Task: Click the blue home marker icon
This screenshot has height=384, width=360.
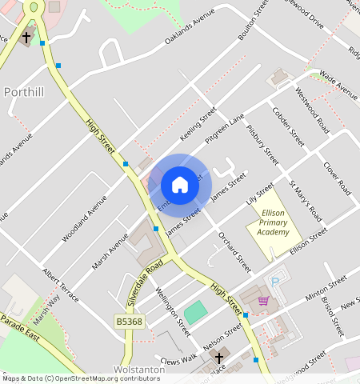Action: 180,186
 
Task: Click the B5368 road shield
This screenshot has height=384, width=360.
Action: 129,321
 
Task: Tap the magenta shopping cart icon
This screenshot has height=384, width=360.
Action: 263,301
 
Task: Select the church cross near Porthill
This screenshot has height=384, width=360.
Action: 26,37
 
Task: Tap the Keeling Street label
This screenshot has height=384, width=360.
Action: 198,125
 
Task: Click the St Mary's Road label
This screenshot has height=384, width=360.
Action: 305,205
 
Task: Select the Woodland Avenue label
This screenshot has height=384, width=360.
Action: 84,217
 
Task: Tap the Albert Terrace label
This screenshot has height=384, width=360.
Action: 61,285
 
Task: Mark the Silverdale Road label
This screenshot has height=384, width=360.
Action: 145,284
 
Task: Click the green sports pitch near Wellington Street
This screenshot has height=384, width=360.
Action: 194,313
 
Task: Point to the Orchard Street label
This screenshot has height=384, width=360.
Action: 235,252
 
